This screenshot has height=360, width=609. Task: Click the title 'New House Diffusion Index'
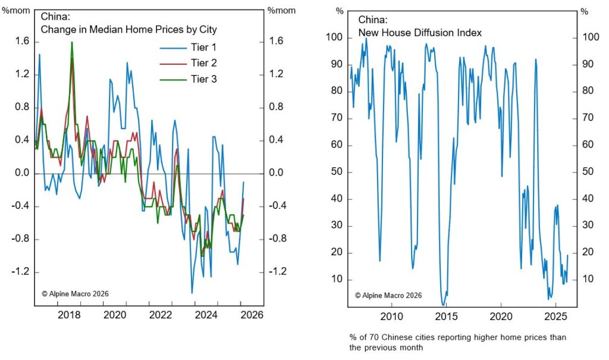click(x=403, y=32)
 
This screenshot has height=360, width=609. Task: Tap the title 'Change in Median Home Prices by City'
click(x=128, y=29)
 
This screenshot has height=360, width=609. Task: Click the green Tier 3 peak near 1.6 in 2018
click(x=72, y=43)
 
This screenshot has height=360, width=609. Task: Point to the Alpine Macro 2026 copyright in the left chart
click(x=75, y=293)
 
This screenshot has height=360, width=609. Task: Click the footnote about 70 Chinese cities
click(x=457, y=342)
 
